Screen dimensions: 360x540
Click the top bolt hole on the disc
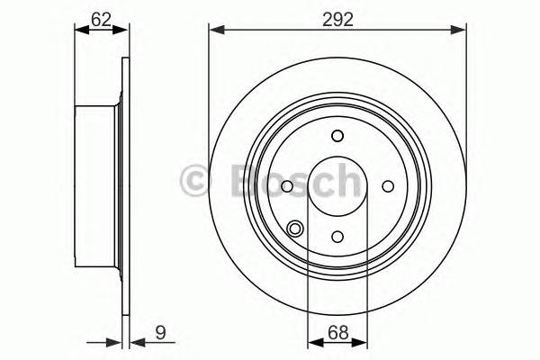[337, 136]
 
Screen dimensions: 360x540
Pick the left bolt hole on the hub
[286, 186]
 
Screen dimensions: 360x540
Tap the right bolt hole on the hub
[389, 186]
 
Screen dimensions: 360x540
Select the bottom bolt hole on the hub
[337, 237]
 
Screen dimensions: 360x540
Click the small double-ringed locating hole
[295, 229]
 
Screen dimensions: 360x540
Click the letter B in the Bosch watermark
[242, 180]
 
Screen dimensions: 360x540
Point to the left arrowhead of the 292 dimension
[214, 31]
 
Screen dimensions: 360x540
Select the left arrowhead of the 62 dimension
[79, 31]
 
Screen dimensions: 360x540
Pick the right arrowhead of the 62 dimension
[123, 31]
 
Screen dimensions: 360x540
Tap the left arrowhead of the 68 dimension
[313, 342]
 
